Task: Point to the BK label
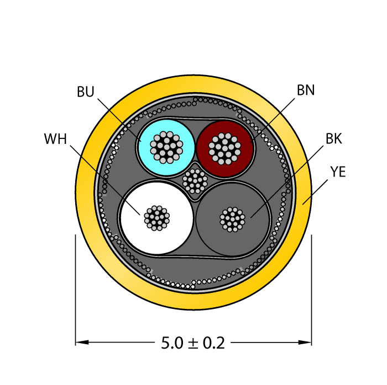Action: click(333, 139)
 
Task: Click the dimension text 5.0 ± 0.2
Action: click(193, 343)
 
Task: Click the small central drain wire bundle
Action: click(195, 180)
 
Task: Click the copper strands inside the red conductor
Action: click(224, 147)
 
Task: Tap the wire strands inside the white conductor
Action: click(157, 218)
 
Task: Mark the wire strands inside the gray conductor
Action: click(232, 219)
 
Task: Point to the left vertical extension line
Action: click(75, 287)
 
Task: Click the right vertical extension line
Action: click(312, 287)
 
